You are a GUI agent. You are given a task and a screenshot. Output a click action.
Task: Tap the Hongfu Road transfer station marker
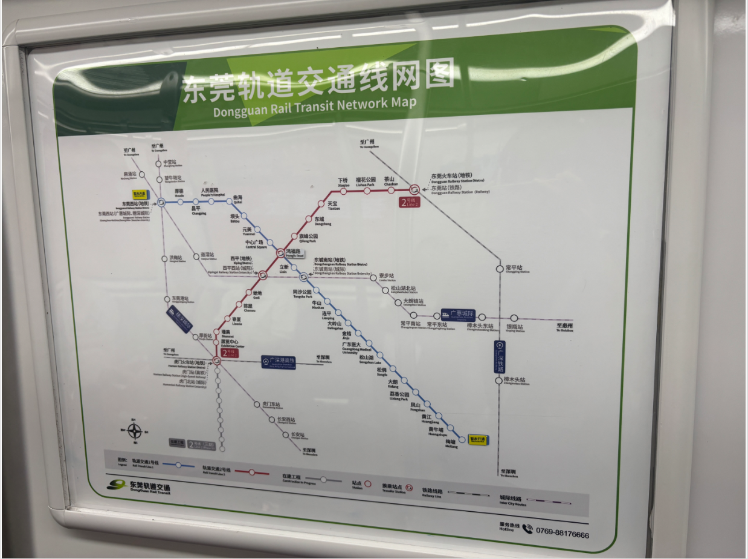(x=280, y=252)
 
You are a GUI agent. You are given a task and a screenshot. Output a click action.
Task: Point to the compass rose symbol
(x=134, y=431)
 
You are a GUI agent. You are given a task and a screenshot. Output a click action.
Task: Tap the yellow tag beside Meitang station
(x=478, y=439)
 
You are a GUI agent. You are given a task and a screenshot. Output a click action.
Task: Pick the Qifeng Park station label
(x=308, y=238)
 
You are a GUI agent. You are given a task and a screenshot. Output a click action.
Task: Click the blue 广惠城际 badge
(x=458, y=315)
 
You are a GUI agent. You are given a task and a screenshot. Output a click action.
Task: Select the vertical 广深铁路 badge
(x=500, y=357)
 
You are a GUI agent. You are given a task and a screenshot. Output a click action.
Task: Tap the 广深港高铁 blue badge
(x=279, y=362)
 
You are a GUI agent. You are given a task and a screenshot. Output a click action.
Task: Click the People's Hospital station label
(x=209, y=192)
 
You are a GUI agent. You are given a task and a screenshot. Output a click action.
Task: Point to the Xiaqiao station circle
(x=343, y=191)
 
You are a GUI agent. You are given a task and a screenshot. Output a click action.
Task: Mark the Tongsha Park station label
(x=302, y=293)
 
